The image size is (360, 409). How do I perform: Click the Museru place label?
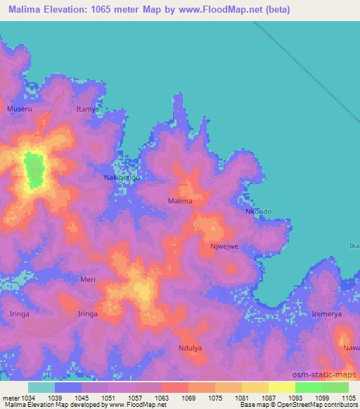point(19,110)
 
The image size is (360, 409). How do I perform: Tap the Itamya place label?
point(87,110)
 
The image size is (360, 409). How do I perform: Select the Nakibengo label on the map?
point(122,178)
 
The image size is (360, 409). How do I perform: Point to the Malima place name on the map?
point(180,201)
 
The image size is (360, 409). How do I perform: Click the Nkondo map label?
point(258,211)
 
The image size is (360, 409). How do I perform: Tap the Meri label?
point(88,279)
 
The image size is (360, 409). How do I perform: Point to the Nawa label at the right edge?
point(351,348)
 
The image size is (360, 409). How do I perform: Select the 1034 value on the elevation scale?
point(28,397)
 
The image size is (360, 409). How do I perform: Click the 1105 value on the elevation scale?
point(349,397)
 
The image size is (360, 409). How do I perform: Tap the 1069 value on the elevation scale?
point(188,397)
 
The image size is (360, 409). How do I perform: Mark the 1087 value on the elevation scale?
point(269,397)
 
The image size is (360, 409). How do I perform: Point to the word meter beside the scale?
point(10,397)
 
